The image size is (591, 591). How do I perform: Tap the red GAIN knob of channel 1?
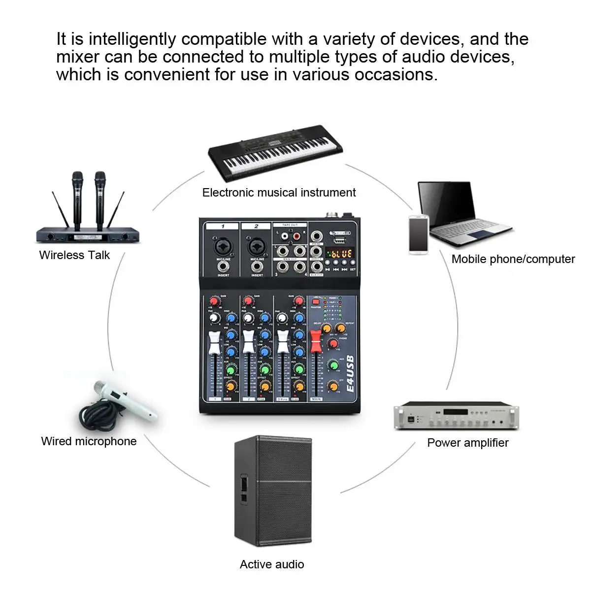click(x=215, y=301)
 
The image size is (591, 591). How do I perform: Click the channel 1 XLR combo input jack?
click(x=223, y=246)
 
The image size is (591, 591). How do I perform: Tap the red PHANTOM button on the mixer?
click(x=316, y=301)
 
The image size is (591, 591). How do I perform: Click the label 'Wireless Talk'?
click(x=74, y=255)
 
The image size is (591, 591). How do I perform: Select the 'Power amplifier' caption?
click(x=467, y=442)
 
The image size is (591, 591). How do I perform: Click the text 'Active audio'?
click(x=272, y=564)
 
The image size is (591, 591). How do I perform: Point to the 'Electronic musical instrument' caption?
click(x=279, y=193)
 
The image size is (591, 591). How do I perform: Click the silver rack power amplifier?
click(x=456, y=417)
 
